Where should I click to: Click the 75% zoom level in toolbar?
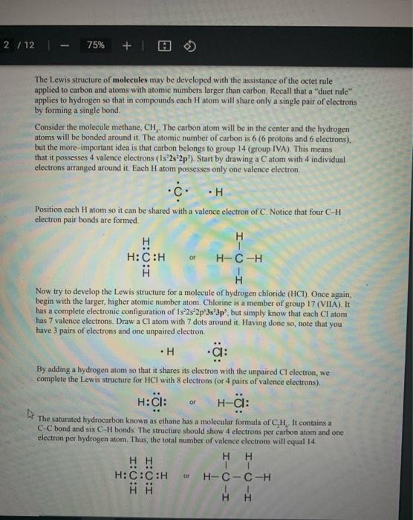coord(96,45)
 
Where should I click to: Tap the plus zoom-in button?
coord(126,45)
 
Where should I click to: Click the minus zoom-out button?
coord(68,45)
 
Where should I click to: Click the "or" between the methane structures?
coord(192,259)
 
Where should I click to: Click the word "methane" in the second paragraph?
coord(114,127)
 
